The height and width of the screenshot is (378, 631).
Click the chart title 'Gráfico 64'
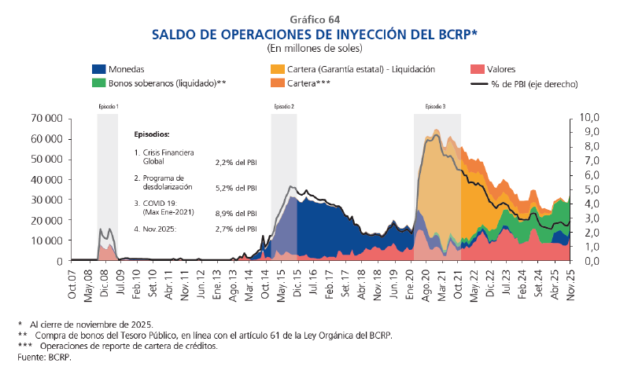tap(315, 19)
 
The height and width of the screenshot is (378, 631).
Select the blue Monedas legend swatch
tap(98, 69)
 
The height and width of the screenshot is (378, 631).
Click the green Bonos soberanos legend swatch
tap(98, 83)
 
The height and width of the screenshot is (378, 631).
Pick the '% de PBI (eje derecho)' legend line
tap(476, 83)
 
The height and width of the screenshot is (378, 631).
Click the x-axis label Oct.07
tap(72, 284)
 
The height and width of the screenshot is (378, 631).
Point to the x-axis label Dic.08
tap(104, 284)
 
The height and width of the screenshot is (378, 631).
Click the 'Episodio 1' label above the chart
tap(108, 106)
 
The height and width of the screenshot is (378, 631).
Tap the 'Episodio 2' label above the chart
tap(284, 106)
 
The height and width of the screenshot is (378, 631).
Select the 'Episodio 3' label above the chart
tap(435, 106)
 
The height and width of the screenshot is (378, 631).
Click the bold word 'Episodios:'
tap(152, 134)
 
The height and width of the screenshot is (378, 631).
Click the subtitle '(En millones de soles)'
tap(315, 48)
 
